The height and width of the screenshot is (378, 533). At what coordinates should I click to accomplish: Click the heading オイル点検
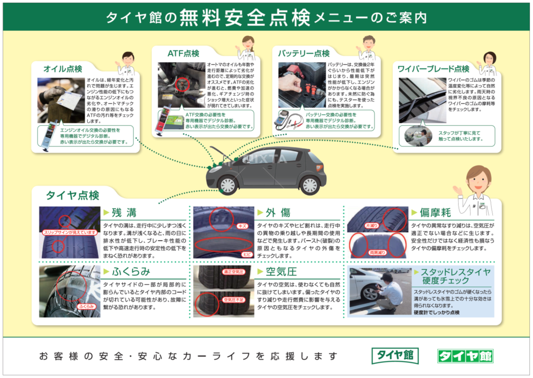pos(63,69)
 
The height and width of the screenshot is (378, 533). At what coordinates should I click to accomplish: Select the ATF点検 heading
pos(183,54)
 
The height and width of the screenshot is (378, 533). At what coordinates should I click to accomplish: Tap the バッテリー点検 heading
pos(304,54)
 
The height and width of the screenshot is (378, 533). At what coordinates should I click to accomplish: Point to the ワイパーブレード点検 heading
pos(433,69)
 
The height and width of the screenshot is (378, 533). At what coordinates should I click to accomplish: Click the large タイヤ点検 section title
pos(73,195)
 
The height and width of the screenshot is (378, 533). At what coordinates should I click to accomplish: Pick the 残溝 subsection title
pos(124,213)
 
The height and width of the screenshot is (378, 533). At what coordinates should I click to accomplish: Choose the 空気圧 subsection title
pos(281,272)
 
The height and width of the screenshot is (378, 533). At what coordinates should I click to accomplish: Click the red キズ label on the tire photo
pos(242,226)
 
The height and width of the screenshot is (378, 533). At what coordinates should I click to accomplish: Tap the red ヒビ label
pos(247,255)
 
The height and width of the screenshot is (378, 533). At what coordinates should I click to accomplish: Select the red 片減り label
pos(372,225)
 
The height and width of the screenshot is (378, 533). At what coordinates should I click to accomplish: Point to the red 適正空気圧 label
pos(233,272)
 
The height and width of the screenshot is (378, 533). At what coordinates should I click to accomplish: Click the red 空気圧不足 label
pos(233,300)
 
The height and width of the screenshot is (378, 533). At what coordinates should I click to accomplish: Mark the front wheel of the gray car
pos(228,185)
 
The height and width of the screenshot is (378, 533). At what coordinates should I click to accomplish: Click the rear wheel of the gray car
pos(310,185)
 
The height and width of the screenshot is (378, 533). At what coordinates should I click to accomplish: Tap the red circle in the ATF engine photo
pos(182,85)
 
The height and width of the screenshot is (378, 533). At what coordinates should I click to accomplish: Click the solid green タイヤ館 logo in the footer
pos(465,356)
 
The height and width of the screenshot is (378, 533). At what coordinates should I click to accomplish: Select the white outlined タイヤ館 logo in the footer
pos(395,355)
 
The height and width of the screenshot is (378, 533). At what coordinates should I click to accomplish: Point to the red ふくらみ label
pos(86,306)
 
